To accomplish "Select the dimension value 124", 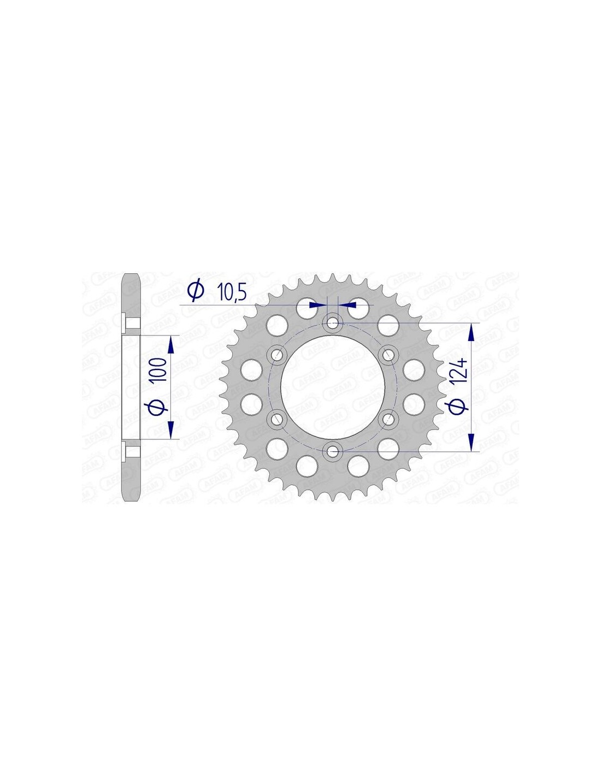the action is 461,371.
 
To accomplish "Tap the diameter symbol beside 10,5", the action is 196,291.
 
